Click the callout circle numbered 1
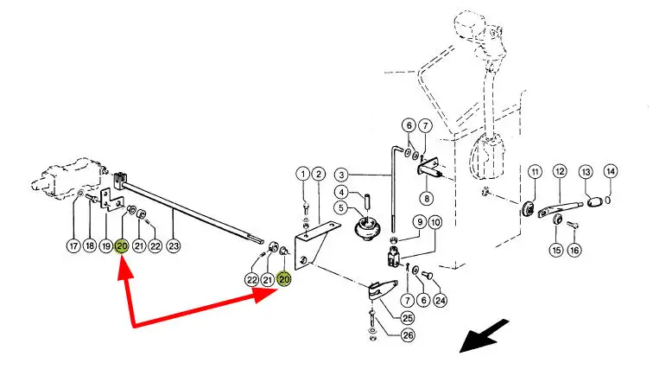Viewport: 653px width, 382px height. pos(303,174)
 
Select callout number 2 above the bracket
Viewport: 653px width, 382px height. pos(319,174)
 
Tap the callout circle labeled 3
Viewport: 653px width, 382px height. pos(341,174)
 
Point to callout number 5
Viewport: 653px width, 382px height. pos(341,208)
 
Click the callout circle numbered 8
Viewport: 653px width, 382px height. pos(429,198)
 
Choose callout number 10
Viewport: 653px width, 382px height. pos(434,222)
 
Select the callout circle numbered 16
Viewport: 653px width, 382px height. pos(574,251)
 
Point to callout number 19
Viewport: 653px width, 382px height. pos(105,245)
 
